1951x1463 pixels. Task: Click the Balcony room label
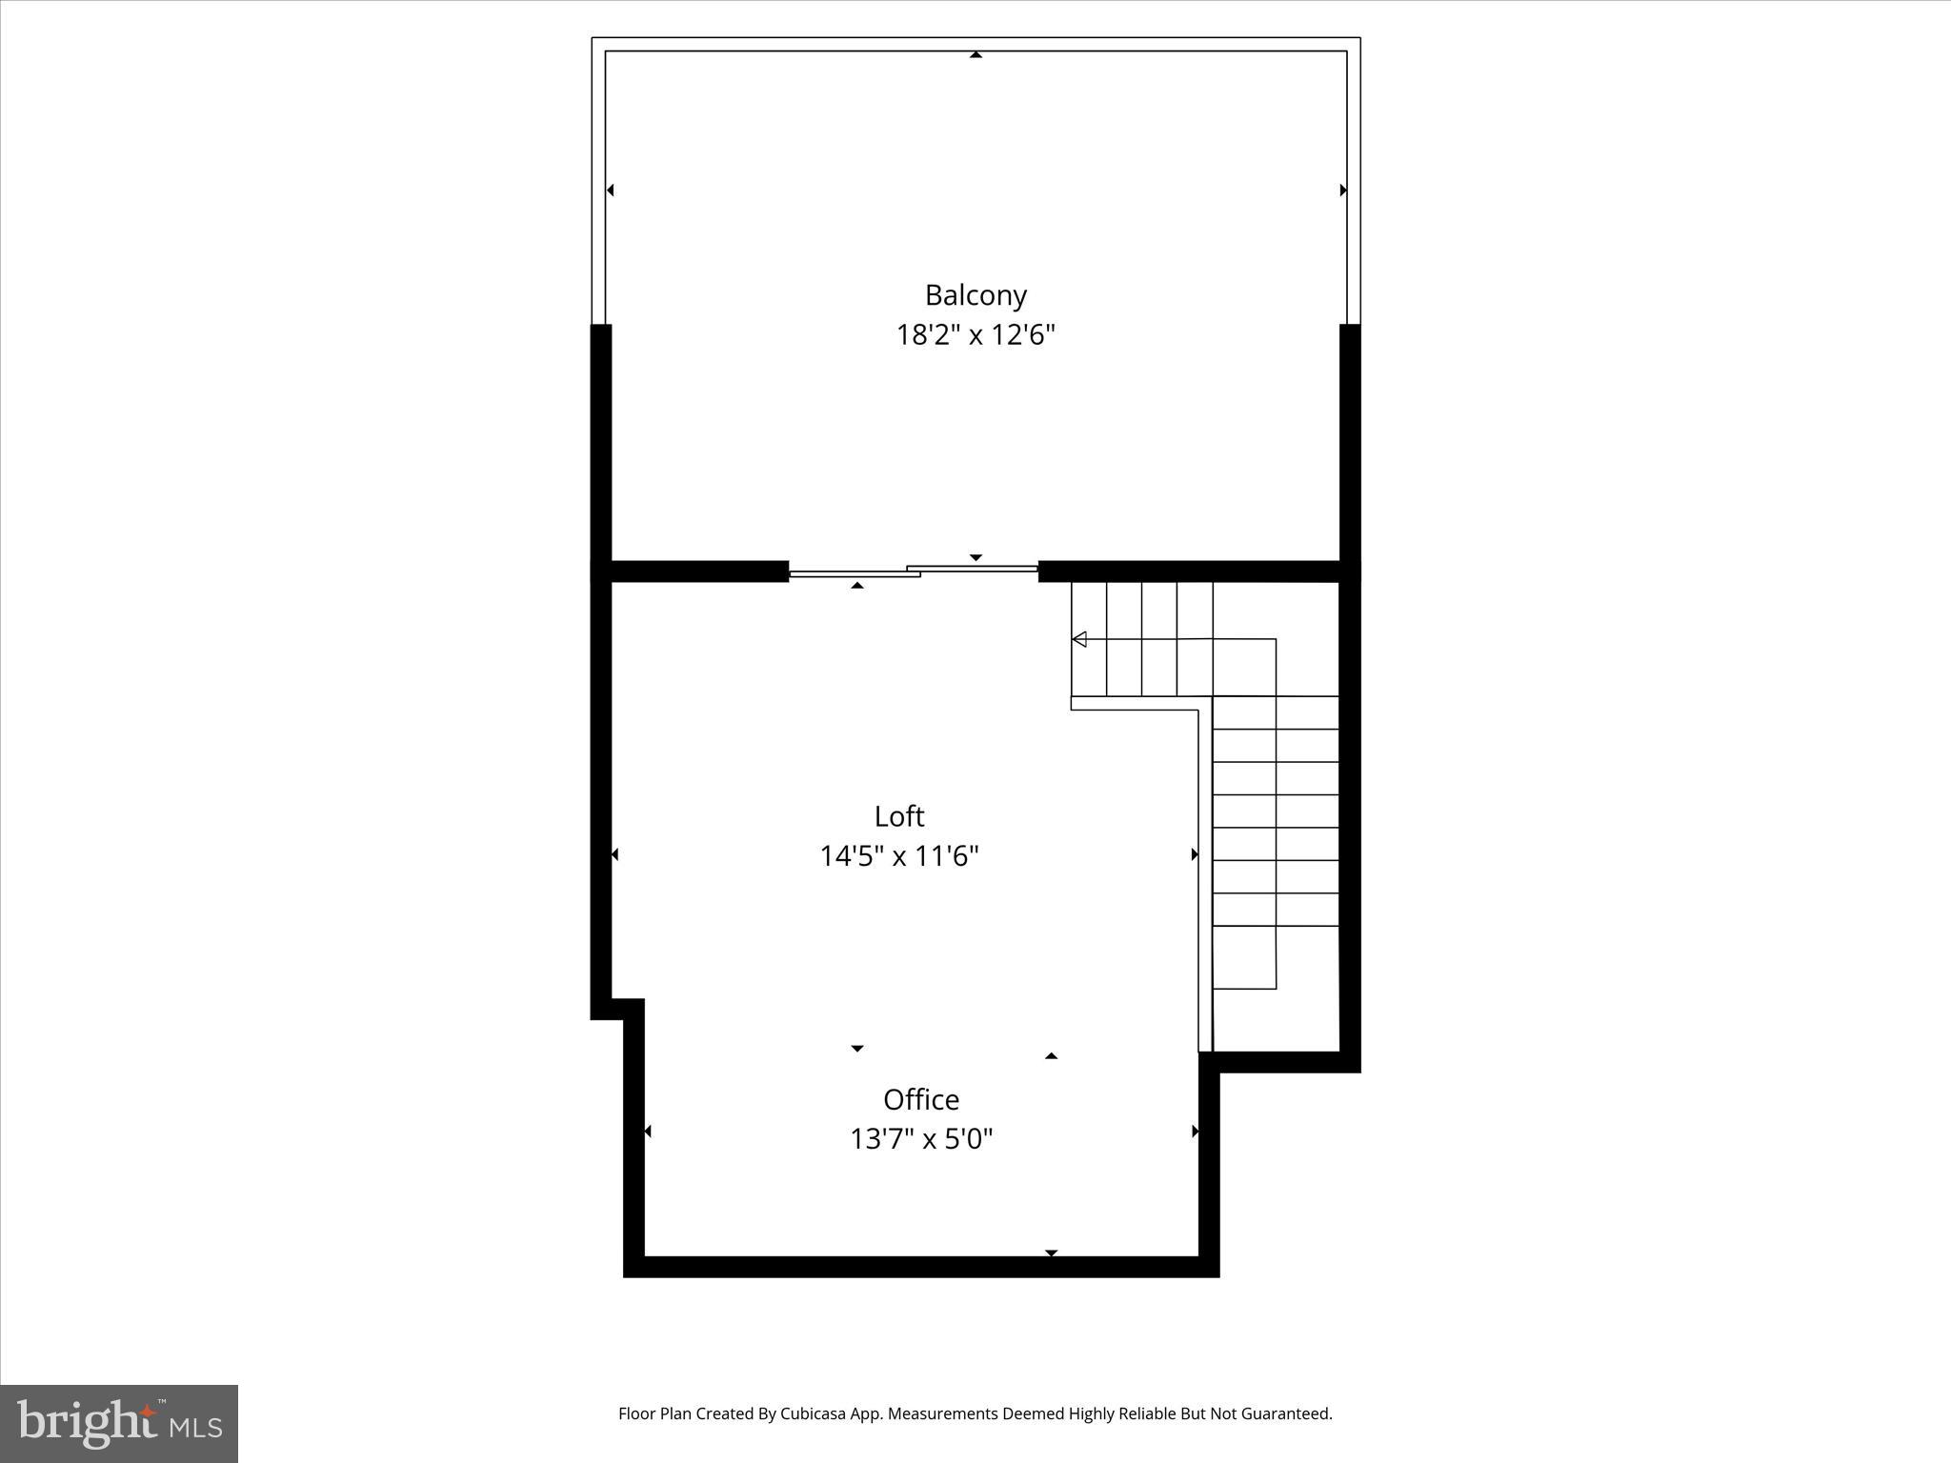(x=975, y=295)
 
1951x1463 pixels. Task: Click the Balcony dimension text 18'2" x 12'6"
(x=975, y=335)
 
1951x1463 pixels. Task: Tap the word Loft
(x=899, y=816)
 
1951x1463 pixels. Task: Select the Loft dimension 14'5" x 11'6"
(x=899, y=856)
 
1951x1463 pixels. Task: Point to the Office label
(x=921, y=1099)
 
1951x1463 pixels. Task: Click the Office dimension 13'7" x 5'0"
(x=921, y=1139)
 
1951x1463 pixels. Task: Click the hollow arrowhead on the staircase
(x=1079, y=639)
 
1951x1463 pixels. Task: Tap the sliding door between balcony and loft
(x=913, y=571)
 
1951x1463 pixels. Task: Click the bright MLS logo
(x=119, y=1424)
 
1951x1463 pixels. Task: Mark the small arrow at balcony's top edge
(x=975, y=55)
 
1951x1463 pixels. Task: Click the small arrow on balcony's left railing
(x=611, y=190)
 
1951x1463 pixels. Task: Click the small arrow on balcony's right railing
(x=1343, y=190)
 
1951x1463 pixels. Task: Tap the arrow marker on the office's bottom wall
(x=1051, y=1253)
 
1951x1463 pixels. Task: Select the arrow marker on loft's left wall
(x=614, y=854)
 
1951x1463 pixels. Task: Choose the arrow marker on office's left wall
(x=648, y=1132)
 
